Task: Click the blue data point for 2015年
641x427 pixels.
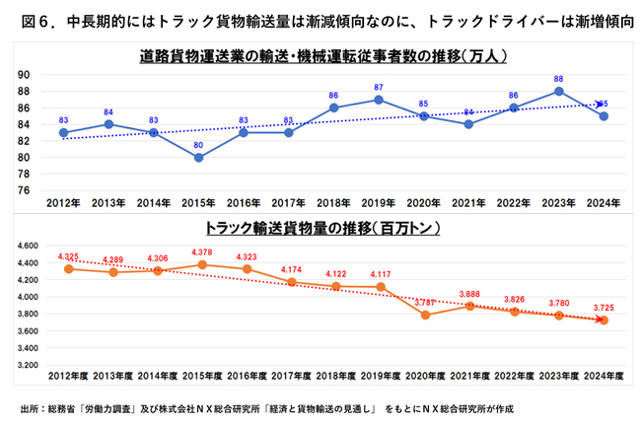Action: pyautogui.click(x=199, y=157)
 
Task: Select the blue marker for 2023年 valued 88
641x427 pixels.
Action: pyautogui.click(x=558, y=91)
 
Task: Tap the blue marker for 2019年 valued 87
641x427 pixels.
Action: pyautogui.click(x=379, y=100)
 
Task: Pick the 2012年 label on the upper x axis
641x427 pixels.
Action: pyautogui.click(x=63, y=203)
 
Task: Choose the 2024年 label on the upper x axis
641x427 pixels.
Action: pyautogui.click(x=603, y=203)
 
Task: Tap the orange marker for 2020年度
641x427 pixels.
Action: pyautogui.click(x=424, y=316)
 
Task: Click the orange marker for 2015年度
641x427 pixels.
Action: pyautogui.click(x=204, y=264)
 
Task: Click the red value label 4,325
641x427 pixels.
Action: pyautogui.click(x=68, y=256)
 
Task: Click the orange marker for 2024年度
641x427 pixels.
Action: pyautogui.click(x=603, y=320)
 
